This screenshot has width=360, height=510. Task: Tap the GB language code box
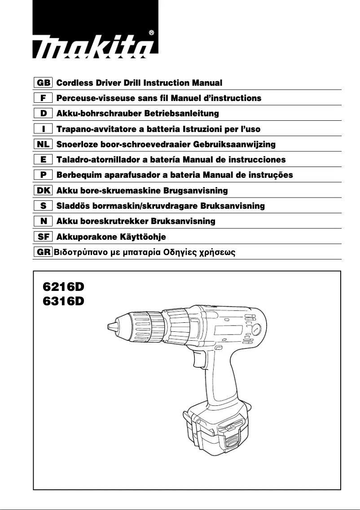click(x=44, y=83)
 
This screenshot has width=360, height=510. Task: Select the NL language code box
click(x=44, y=144)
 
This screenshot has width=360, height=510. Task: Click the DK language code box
click(x=44, y=190)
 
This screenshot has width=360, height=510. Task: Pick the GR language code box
click(x=44, y=252)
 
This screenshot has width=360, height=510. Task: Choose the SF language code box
click(x=44, y=237)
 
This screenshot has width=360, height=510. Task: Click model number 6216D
click(x=63, y=286)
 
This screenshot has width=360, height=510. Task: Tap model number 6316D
click(x=63, y=301)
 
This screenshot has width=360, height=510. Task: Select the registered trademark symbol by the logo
click(x=151, y=33)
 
